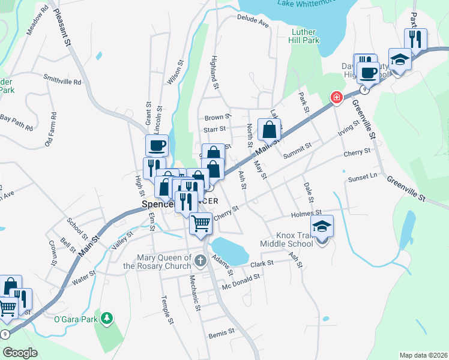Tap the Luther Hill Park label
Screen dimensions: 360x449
[x=306, y=36]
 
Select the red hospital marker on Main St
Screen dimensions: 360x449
[x=337, y=97]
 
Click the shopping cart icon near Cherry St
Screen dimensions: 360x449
[x=201, y=224]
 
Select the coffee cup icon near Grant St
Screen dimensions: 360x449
[x=157, y=145]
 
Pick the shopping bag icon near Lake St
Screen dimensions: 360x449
[x=270, y=129]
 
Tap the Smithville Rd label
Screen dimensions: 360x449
[x=62, y=80]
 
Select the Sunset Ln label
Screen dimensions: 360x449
[x=363, y=177]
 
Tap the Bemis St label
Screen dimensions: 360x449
[x=217, y=334]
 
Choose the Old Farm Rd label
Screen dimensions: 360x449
[x=51, y=130]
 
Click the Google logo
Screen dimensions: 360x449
[x=20, y=353]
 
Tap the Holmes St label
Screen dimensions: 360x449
[x=306, y=213]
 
